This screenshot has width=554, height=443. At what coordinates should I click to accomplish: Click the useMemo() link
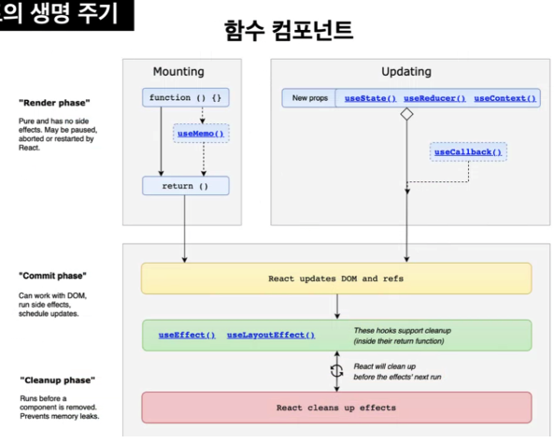click(x=201, y=134)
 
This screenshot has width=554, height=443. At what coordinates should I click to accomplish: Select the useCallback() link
click(x=468, y=152)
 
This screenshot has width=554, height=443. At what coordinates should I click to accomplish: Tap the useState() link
click(x=370, y=98)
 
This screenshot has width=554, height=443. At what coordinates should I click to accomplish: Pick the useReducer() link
click(x=434, y=98)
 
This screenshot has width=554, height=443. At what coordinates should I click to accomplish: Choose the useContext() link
click(x=504, y=98)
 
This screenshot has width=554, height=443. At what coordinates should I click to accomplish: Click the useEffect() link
click(x=187, y=336)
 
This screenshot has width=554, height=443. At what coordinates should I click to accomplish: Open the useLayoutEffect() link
click(x=271, y=336)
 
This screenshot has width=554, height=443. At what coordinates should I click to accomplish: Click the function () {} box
click(x=186, y=97)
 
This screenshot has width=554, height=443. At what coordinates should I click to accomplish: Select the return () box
click(x=186, y=186)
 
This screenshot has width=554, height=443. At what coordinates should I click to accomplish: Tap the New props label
click(x=310, y=98)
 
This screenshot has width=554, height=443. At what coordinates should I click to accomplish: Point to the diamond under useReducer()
click(x=406, y=114)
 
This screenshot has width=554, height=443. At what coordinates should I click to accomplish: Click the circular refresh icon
click(x=336, y=371)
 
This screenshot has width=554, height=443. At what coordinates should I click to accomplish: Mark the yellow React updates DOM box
click(x=336, y=279)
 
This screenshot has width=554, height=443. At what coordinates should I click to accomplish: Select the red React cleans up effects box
click(x=336, y=407)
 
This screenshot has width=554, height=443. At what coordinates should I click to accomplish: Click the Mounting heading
click(x=178, y=72)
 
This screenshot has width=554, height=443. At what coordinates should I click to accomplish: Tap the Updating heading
click(x=406, y=72)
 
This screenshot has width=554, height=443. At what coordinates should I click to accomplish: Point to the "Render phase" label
click(x=54, y=103)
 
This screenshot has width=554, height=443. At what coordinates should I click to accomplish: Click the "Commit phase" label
click(x=52, y=276)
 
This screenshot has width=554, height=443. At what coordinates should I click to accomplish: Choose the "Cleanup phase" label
click(x=57, y=380)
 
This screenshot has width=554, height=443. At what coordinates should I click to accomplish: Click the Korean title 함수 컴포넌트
click(x=289, y=31)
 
